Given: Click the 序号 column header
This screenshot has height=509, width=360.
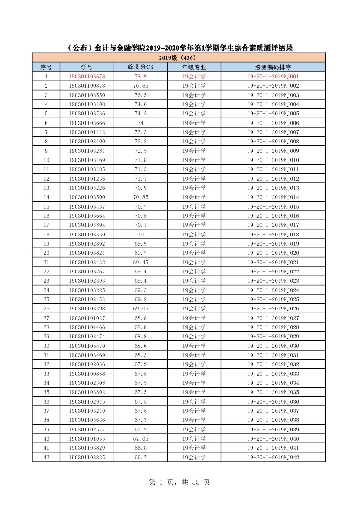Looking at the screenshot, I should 46,67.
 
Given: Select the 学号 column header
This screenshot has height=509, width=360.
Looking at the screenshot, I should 87,67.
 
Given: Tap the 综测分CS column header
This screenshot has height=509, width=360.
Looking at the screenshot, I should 141,67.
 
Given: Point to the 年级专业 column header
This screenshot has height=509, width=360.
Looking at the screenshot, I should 194,67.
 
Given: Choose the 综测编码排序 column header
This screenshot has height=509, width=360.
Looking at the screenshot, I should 273,67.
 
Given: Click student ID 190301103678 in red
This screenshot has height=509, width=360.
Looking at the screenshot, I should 87,77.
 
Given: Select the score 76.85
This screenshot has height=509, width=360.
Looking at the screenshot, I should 141,86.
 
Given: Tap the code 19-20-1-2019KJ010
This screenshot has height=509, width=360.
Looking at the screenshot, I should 273,160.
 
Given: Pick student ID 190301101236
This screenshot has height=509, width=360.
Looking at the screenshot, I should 87,179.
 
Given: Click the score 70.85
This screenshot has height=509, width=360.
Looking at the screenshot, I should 141,197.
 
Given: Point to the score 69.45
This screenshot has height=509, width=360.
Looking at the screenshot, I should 141,262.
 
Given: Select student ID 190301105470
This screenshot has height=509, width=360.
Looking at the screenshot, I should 87,346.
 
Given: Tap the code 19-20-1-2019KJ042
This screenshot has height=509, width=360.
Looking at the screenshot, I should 273,457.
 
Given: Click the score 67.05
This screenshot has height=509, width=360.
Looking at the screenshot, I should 141,438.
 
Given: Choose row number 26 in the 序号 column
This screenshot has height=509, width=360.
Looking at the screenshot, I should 46,309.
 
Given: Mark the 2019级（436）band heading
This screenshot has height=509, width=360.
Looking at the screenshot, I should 178,57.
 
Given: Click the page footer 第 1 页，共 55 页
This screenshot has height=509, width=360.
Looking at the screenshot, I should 179,482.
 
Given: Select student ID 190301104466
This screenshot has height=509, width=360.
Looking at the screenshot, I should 87,327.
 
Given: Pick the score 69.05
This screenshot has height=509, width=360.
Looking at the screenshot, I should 141,309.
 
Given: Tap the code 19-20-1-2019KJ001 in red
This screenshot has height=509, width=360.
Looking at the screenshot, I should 273,77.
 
